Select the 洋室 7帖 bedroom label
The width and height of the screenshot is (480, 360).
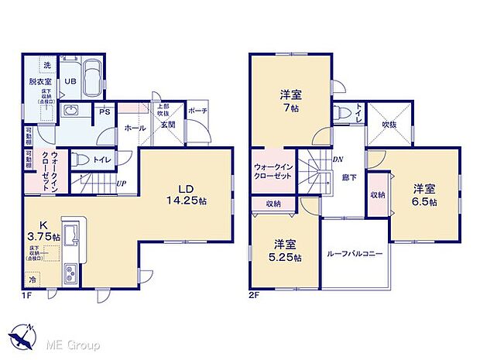pyautogui.click(x=291, y=100)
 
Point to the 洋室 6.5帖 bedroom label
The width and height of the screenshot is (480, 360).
pyautogui.click(x=423, y=194)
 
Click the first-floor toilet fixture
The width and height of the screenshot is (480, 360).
pyautogui.click(x=80, y=159)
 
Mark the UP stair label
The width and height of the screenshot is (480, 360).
pyautogui.click(x=122, y=184)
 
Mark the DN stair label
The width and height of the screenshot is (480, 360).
pyautogui.click(x=338, y=160)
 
